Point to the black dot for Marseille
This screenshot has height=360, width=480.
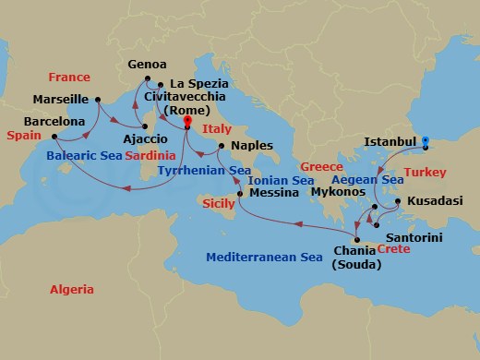click(x=97, y=99)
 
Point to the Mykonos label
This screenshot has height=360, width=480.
click(x=335, y=195)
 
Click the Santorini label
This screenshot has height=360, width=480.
click(x=414, y=238)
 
